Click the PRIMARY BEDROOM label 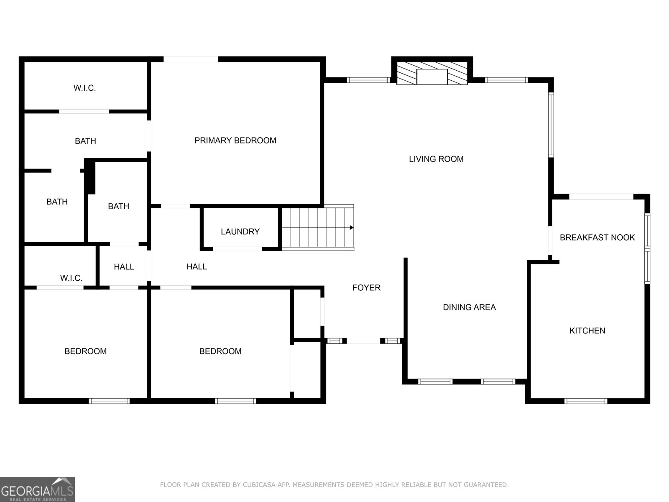pos(235,141)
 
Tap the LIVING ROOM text pos(436,159)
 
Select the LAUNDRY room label pos(240,232)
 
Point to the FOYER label pos(366,288)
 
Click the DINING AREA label pos(470,307)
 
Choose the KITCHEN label pos(587,331)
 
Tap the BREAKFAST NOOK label pos(598,238)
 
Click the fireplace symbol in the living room pos(432,73)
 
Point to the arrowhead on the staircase pos(352,228)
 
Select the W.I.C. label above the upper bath pos(85,88)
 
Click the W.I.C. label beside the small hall pos(71,278)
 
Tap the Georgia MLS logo pos(38,489)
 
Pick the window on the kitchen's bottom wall pos(585,401)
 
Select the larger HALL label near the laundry pos(197,267)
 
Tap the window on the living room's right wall pos(551,125)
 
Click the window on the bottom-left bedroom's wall pos(109,401)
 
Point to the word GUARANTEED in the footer pos(486,484)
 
